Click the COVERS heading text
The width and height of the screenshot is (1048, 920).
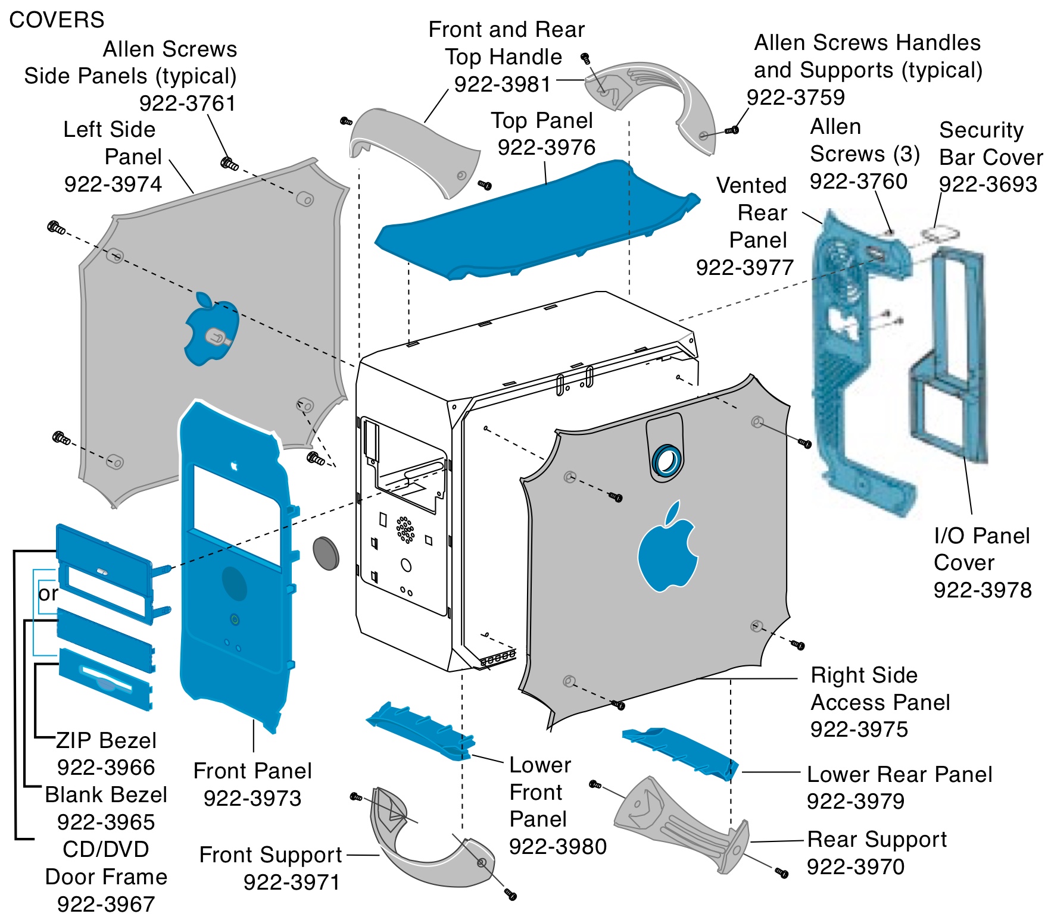pyautogui.click(x=57, y=20)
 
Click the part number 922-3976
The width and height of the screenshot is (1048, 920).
pyautogui.click(x=546, y=147)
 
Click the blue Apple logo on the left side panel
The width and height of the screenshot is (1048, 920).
pyautogui.click(x=211, y=330)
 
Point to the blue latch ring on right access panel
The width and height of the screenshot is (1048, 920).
pyautogui.click(x=666, y=461)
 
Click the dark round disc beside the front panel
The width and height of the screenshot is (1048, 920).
pyautogui.click(x=326, y=553)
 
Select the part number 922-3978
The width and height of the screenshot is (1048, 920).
pyautogui.click(x=982, y=590)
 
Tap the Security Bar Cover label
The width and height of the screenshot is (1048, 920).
pyautogui.click(x=990, y=143)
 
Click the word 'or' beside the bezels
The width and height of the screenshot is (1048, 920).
pyautogui.click(x=48, y=593)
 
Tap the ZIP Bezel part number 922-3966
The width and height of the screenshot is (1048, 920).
pyautogui.click(x=106, y=767)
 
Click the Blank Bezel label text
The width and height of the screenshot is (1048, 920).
pyautogui.click(x=106, y=794)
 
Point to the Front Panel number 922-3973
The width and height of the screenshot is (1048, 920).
pyautogui.click(x=252, y=798)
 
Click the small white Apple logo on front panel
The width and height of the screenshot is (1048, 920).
pyautogui.click(x=235, y=465)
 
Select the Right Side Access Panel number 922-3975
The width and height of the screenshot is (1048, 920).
pyautogui.click(x=859, y=729)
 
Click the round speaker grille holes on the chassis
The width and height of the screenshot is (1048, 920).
pyautogui.click(x=406, y=529)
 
